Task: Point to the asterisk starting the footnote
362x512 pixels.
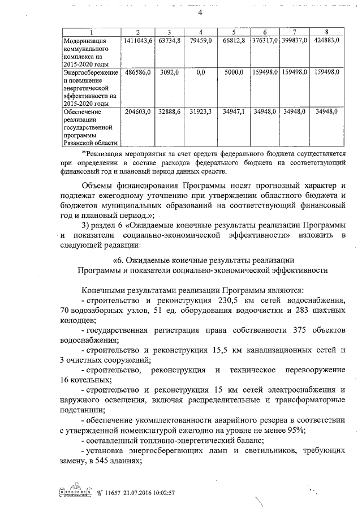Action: point(84,153)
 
